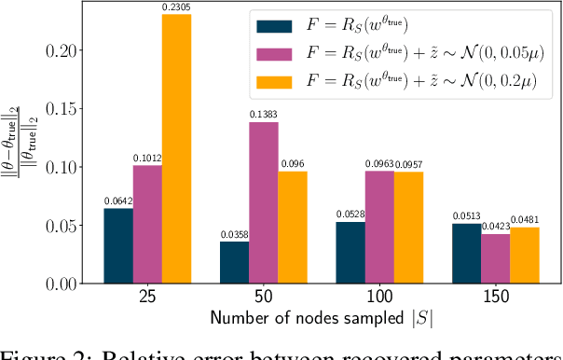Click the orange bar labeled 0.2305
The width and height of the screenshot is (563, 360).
tap(176, 149)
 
